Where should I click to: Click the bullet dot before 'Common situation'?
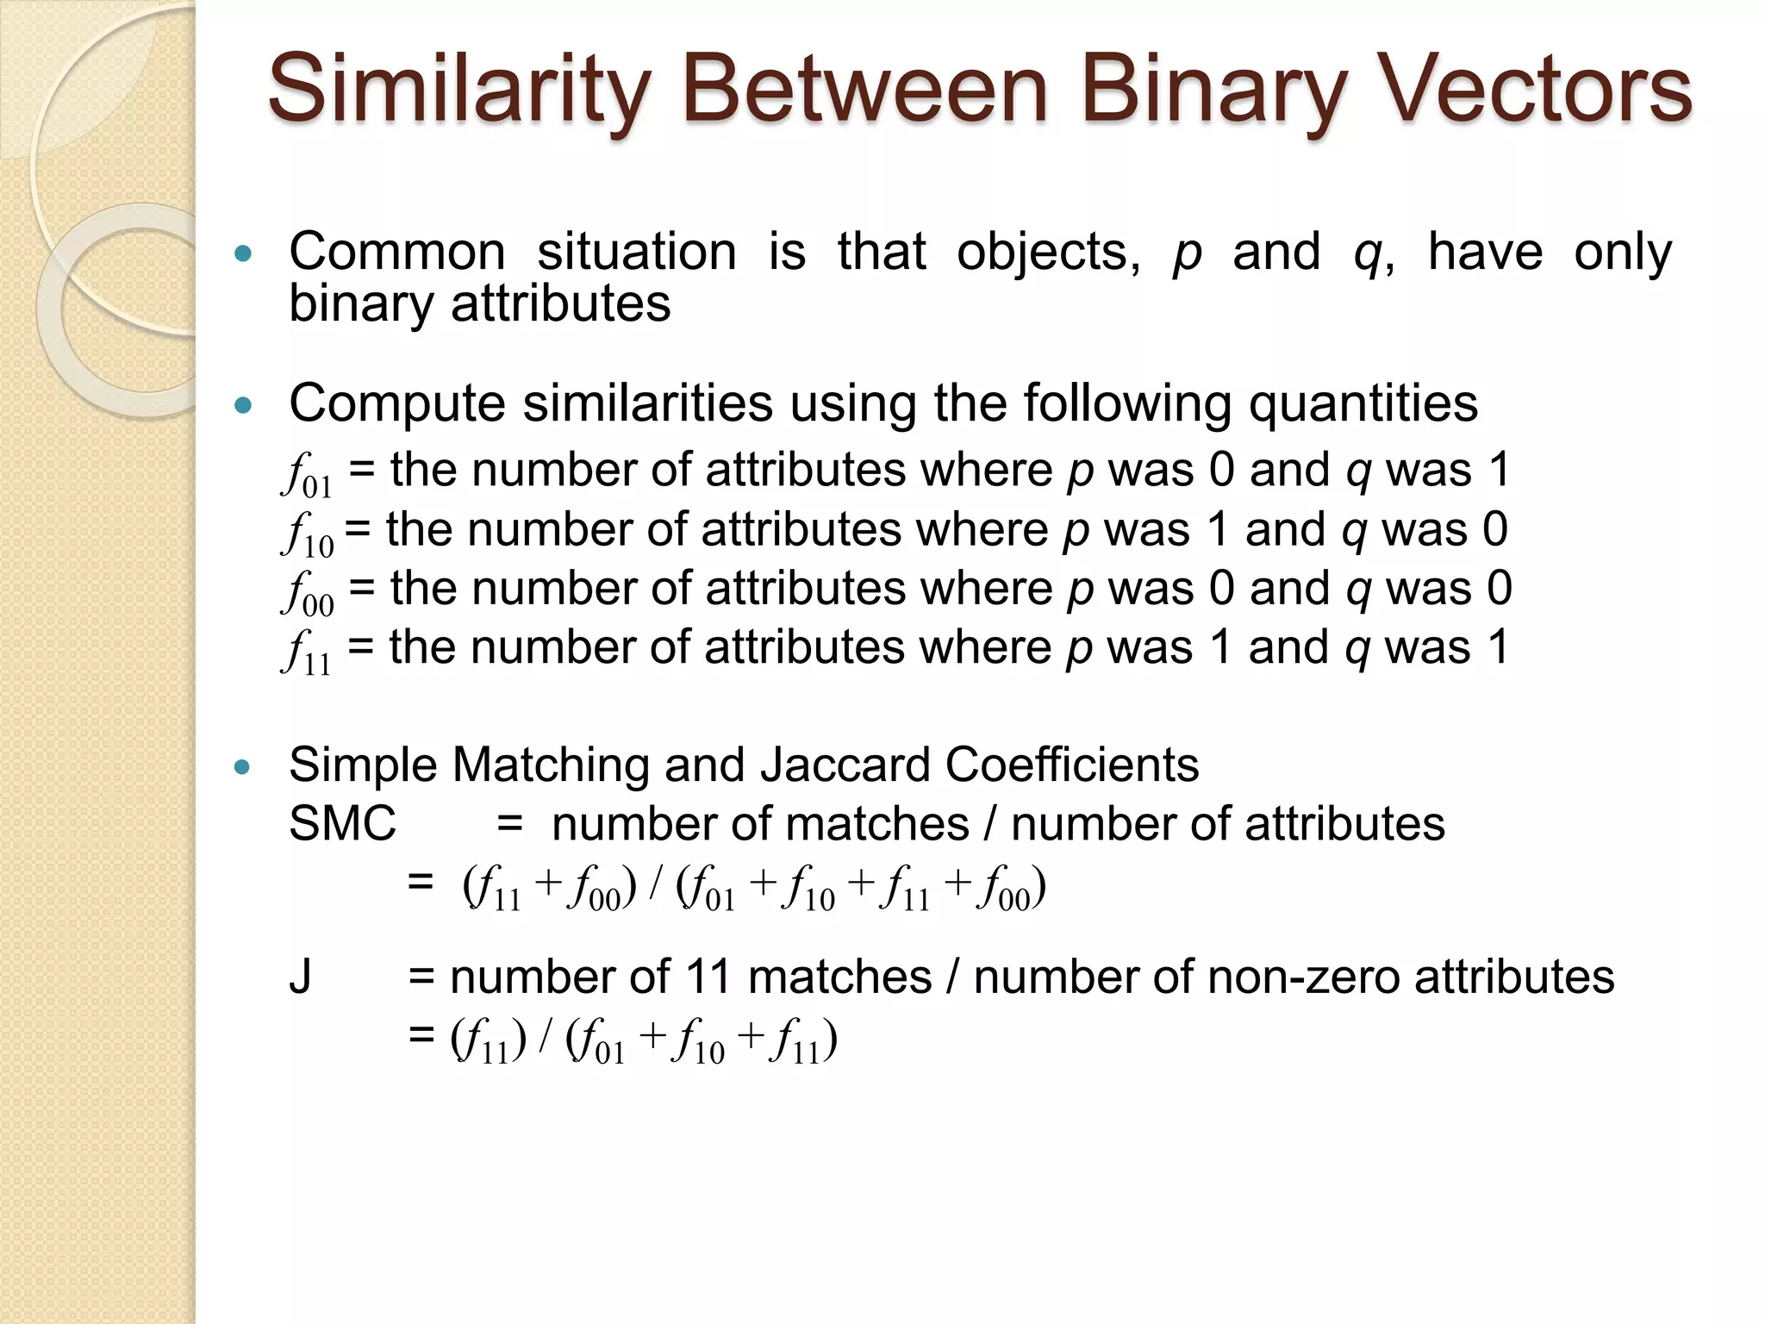[x=244, y=253]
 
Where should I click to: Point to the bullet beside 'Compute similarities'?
[x=244, y=404]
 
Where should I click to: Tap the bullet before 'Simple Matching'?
[x=244, y=766]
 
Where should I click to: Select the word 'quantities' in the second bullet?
[x=1363, y=403]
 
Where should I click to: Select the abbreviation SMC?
[x=342, y=823]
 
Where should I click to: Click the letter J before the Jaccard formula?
[x=300, y=977]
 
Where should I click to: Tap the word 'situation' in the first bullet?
[x=636, y=253]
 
